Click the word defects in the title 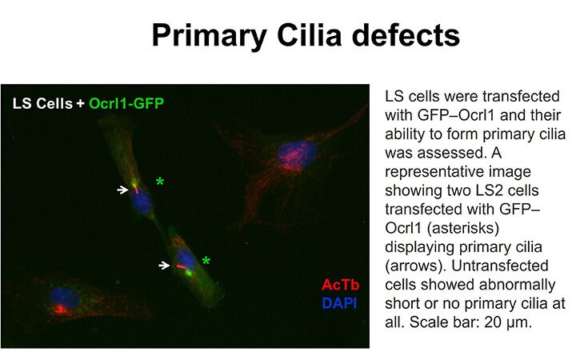tap(406, 35)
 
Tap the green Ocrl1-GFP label tap(126, 103)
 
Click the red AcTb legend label tap(340, 285)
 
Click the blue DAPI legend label tap(339, 303)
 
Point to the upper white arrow tap(122, 190)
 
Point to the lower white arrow tap(164, 265)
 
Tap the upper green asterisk tap(160, 182)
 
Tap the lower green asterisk tap(206, 261)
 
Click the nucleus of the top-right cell tap(297, 152)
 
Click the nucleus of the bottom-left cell tap(65, 297)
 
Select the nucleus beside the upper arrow tap(142, 201)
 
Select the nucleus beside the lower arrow tap(186, 259)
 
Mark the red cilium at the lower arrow tap(181, 266)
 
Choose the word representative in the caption tap(458, 172)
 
